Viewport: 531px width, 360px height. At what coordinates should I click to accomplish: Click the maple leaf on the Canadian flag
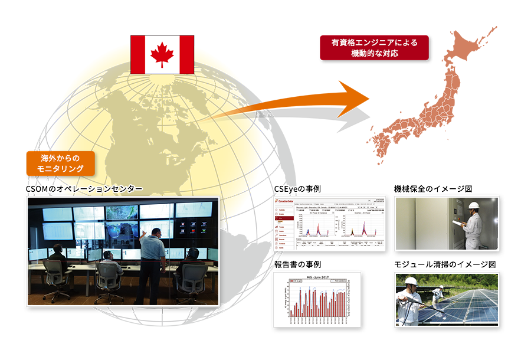point(162,54)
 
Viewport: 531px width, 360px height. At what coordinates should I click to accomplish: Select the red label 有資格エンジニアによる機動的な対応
point(374,48)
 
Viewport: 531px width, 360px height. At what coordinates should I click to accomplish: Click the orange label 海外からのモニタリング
point(60,163)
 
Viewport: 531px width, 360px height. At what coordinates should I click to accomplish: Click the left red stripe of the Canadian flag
point(138,54)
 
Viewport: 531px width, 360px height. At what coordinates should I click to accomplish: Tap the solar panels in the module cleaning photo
point(466,304)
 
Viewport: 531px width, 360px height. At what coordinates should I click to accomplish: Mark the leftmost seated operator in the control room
point(58,260)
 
